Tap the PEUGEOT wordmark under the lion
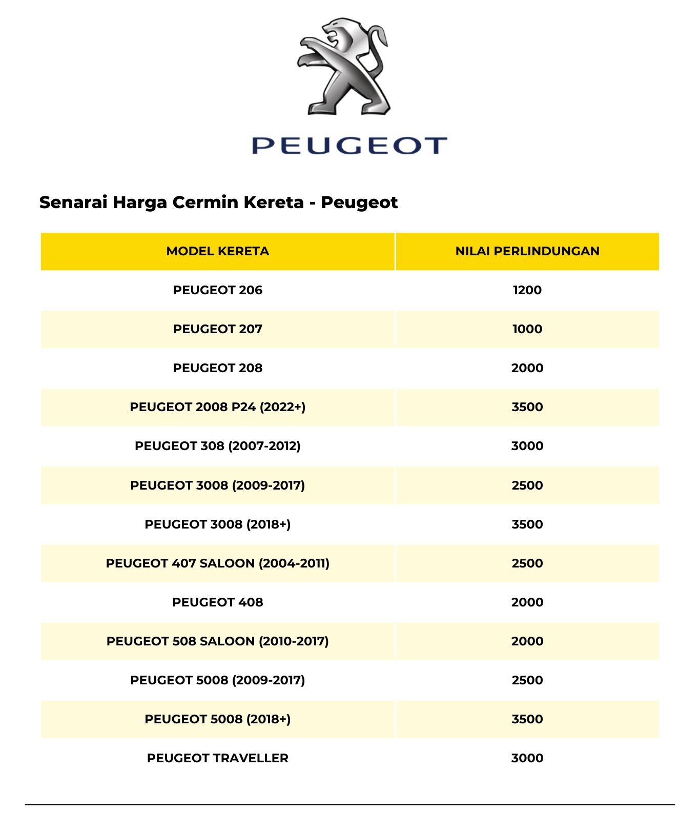point(349,146)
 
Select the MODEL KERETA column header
point(218,251)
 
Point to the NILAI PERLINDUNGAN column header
point(527,251)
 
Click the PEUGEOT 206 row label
point(218,290)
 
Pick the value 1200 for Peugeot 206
point(527,290)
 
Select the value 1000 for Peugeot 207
point(527,329)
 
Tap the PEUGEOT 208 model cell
point(218,368)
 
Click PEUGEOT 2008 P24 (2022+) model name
point(218,407)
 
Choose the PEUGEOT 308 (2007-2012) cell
point(218,446)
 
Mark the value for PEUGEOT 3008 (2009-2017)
point(527,485)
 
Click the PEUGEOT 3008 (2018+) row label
point(218,524)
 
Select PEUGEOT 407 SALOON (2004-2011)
point(218,563)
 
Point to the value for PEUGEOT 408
point(527,602)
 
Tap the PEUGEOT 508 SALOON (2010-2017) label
point(218,641)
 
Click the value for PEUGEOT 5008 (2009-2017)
point(527,680)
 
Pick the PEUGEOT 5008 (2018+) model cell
point(218,719)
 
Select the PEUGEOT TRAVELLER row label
point(218,758)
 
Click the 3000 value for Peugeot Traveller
point(527,758)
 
